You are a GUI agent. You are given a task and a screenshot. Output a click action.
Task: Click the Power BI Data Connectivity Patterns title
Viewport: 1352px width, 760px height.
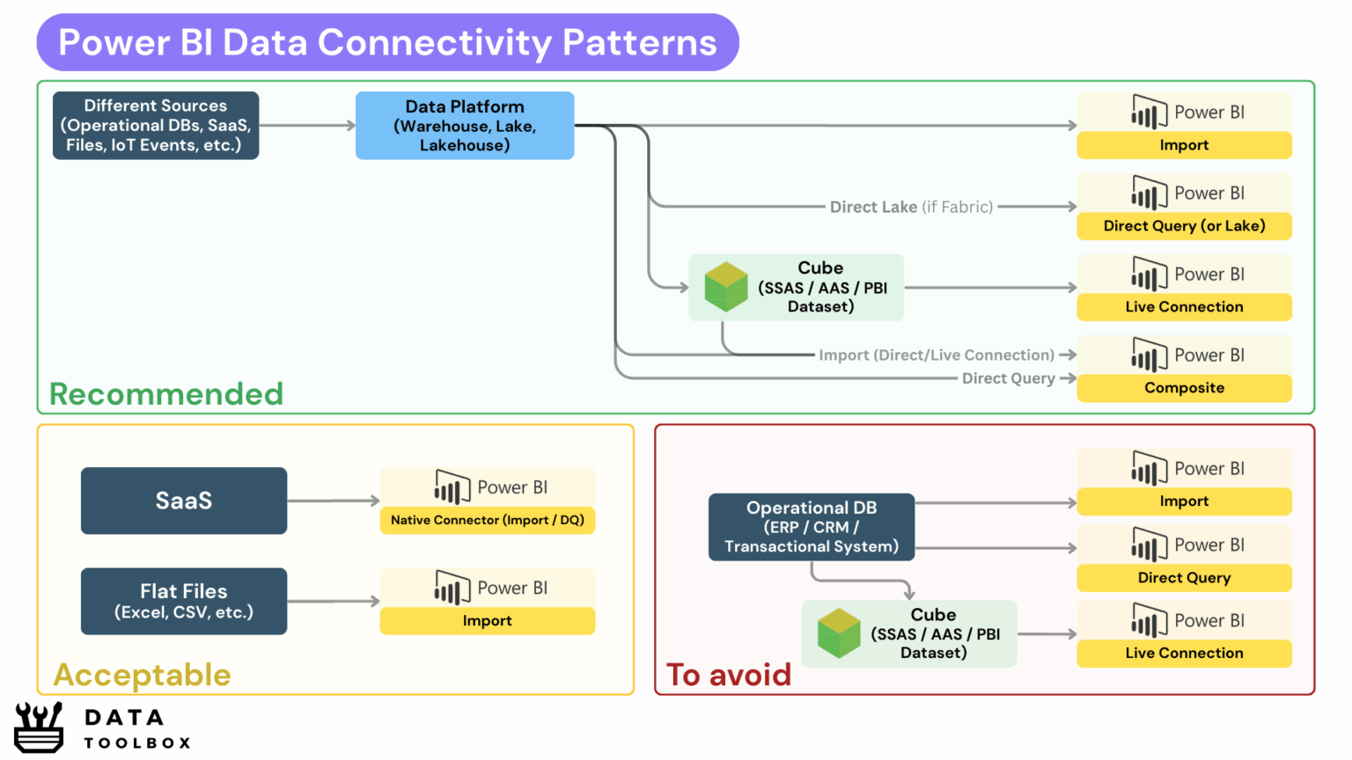click(x=387, y=42)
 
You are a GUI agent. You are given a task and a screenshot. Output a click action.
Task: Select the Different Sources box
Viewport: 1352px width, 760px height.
click(x=156, y=126)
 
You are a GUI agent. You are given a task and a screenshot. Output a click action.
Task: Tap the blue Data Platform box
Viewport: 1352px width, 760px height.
click(x=465, y=126)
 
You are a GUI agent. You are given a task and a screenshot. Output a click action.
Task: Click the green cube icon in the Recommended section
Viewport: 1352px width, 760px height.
click(x=726, y=287)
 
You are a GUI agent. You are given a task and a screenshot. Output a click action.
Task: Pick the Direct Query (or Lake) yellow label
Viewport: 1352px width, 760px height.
click(x=1184, y=226)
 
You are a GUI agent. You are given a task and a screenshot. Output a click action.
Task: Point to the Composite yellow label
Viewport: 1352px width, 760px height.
click(x=1184, y=388)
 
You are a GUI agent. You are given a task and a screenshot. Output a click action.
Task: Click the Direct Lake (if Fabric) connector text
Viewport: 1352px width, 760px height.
click(x=911, y=207)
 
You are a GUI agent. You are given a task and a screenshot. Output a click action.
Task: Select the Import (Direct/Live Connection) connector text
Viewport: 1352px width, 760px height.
click(x=936, y=355)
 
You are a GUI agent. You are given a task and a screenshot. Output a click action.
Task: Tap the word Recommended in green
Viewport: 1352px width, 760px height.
click(x=166, y=394)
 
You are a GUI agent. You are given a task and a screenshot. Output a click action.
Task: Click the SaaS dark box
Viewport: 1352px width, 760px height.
click(x=184, y=501)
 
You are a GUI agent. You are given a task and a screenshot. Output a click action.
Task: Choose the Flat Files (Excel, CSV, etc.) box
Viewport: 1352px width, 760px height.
click(x=184, y=601)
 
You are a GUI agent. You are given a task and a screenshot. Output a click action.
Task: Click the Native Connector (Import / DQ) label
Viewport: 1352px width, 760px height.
click(x=488, y=520)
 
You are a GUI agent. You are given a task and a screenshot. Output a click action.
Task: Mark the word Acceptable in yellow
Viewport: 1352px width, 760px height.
click(x=142, y=675)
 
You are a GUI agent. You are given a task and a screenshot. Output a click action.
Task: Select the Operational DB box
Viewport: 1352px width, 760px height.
click(x=812, y=527)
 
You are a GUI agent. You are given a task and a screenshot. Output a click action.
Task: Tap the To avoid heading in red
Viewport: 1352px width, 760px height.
click(x=729, y=675)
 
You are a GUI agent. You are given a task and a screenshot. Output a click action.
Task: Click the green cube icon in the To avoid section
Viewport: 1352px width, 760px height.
click(x=839, y=633)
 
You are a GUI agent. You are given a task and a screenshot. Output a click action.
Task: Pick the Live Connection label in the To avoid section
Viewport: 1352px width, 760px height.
click(x=1184, y=653)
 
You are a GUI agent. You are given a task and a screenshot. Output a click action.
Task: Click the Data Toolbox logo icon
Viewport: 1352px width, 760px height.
click(x=39, y=727)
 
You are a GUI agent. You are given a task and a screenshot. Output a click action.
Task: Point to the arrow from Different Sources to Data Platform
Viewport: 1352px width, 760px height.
click(x=307, y=126)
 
